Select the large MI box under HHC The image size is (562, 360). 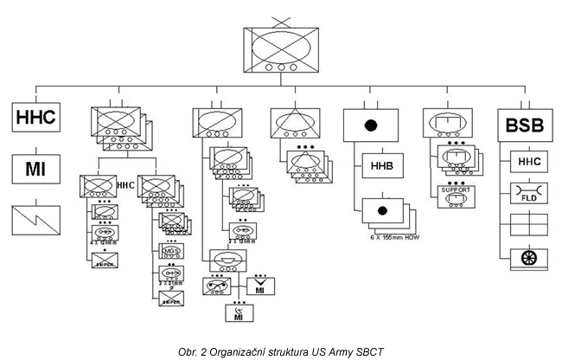point(35,168)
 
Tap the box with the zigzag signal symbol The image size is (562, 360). point(35,220)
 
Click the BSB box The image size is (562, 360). point(526,126)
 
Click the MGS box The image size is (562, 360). point(171,251)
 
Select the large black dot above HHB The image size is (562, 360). point(371,127)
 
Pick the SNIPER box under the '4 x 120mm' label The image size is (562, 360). point(99,260)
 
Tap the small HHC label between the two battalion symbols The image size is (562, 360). point(126,183)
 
